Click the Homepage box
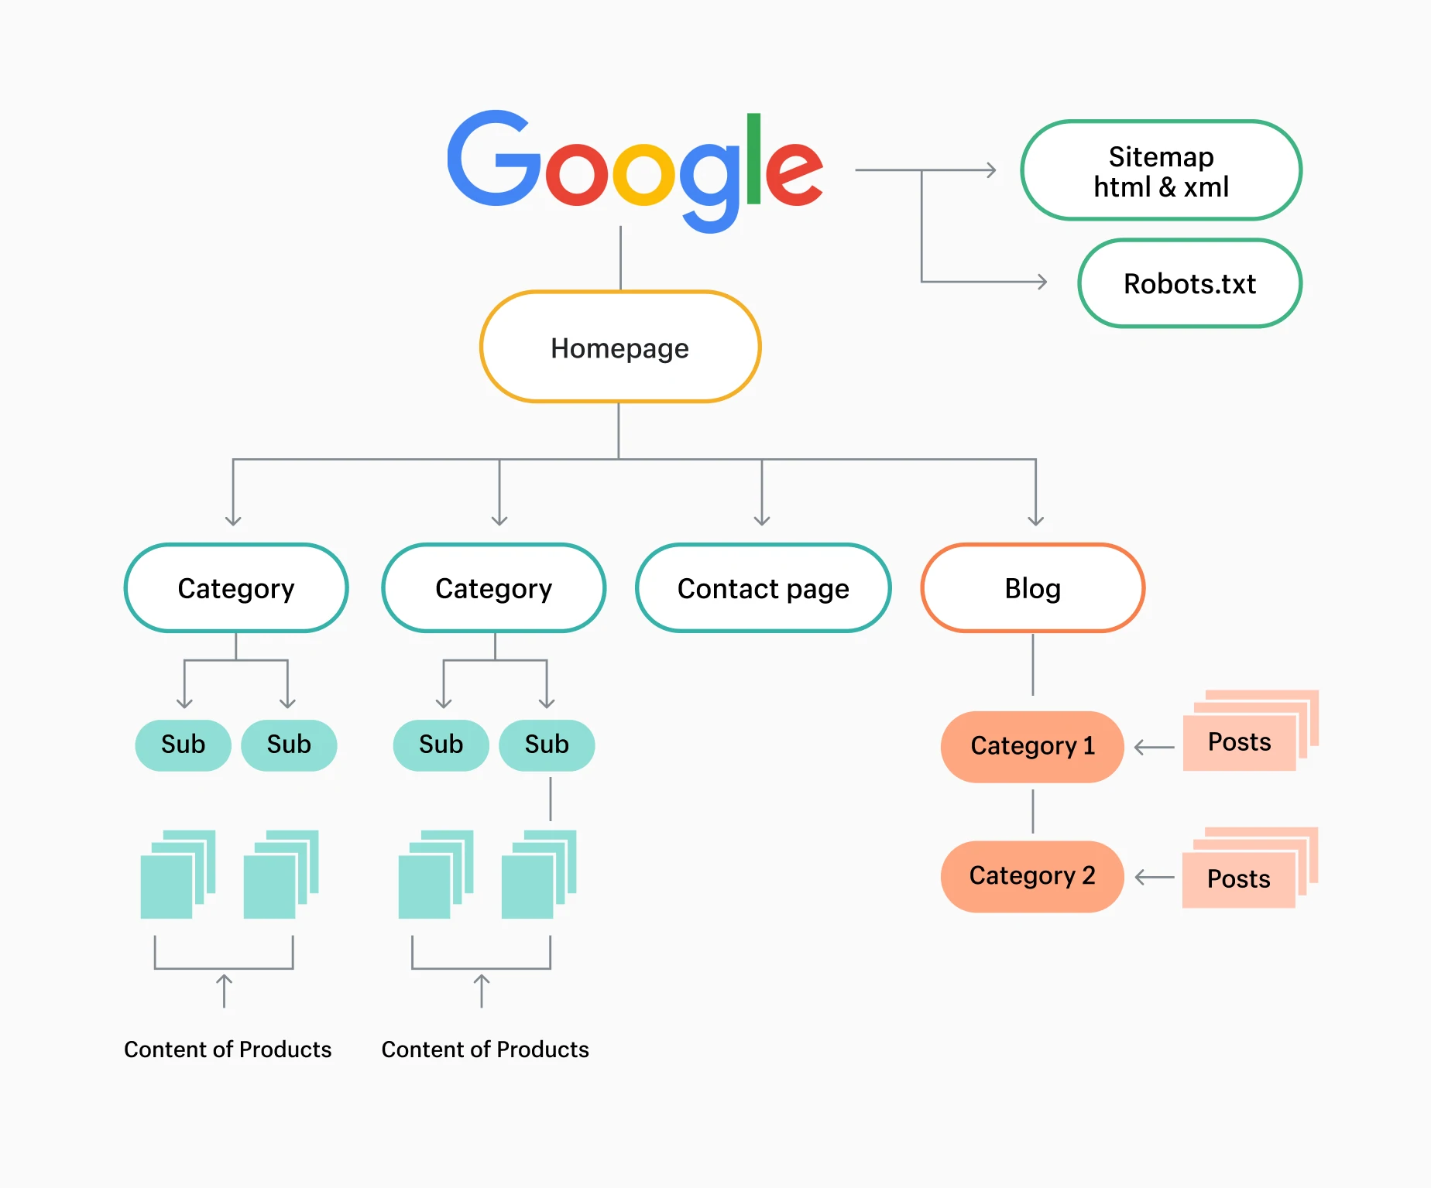620,347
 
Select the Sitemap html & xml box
1161,171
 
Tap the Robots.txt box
1189,283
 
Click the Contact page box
763,588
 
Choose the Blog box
1032,588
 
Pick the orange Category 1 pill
1031,746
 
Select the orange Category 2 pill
1031,876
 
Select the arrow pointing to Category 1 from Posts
1153,748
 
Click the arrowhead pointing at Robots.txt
1042,282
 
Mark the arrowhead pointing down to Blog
1035,520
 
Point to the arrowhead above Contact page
762,520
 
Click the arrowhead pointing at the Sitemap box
991,170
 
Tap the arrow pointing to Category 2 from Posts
1153,878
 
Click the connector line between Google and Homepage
620,258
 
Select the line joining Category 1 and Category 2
1032,811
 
